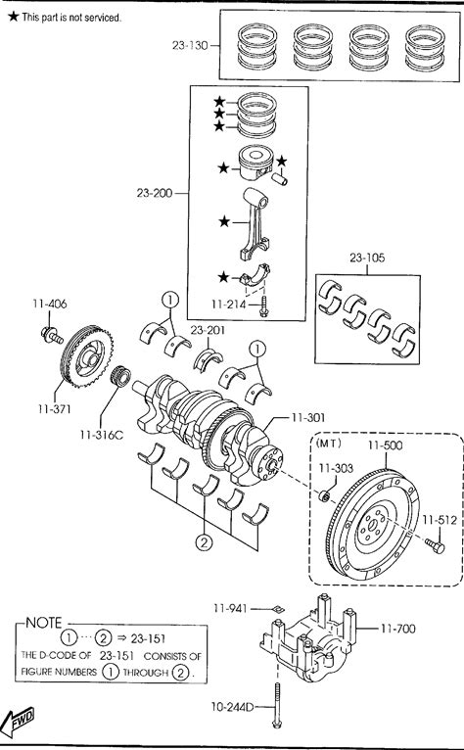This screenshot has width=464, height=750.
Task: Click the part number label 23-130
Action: pos(190,45)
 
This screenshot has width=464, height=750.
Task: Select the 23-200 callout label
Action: pos(154,193)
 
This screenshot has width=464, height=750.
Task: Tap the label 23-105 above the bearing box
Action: pos(367,258)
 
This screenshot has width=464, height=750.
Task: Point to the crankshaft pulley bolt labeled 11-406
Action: pos(52,334)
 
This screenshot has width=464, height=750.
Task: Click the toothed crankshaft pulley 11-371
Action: pos(87,355)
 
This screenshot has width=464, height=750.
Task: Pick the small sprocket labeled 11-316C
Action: pos(120,375)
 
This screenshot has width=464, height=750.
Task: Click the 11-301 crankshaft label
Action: pos(308,417)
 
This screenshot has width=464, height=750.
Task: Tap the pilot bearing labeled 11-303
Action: pos(324,495)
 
